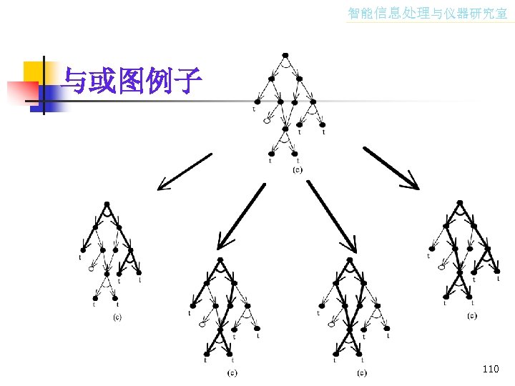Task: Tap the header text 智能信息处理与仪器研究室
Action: click(x=427, y=13)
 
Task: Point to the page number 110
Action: click(x=490, y=369)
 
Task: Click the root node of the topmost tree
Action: click(x=285, y=54)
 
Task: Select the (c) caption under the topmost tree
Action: click(x=298, y=169)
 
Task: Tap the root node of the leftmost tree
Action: click(x=106, y=202)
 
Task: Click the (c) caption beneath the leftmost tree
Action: click(x=117, y=317)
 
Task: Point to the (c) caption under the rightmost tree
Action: click(x=472, y=315)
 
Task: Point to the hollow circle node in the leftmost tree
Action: click(x=92, y=269)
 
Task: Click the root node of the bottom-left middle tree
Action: click(x=220, y=259)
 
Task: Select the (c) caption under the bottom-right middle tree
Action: click(x=362, y=372)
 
